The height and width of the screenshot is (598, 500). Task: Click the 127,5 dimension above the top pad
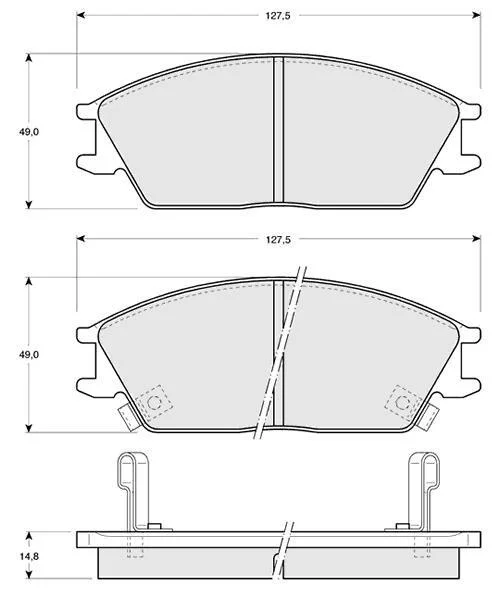click(278, 16)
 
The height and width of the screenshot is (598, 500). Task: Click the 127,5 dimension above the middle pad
click(278, 240)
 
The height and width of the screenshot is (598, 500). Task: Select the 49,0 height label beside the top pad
click(29, 132)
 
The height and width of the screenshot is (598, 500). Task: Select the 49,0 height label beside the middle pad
click(29, 355)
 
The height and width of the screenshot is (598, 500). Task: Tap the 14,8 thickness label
click(29, 556)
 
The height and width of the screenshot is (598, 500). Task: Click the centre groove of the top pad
click(279, 129)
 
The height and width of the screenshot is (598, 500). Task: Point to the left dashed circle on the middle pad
click(154, 402)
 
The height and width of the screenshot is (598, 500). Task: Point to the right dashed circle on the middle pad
click(403, 402)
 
